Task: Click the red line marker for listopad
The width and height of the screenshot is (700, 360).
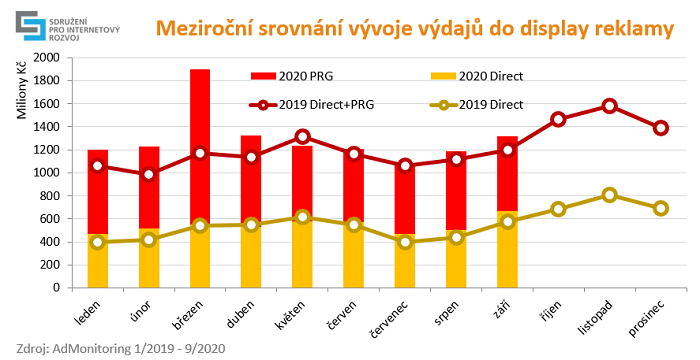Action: click(x=582, y=106)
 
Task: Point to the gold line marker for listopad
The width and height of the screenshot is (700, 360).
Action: click(x=582, y=195)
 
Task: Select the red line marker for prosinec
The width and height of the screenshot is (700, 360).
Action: click(x=633, y=128)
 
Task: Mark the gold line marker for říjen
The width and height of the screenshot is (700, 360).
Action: click(x=530, y=209)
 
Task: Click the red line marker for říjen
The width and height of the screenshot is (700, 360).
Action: click(x=530, y=119)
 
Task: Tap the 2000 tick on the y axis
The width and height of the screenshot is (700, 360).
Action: click(x=46, y=57)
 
